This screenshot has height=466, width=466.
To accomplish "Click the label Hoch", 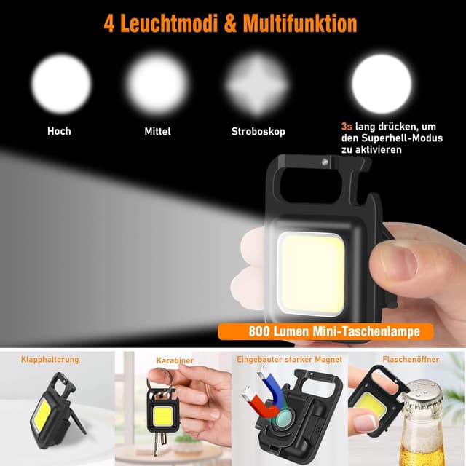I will click(x=59, y=132).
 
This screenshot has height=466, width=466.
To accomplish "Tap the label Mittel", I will click(x=157, y=132).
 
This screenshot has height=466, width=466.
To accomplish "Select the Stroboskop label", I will click(x=258, y=132).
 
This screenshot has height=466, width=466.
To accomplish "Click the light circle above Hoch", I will click(x=61, y=84).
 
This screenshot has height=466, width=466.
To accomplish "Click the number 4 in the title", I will click(x=110, y=23).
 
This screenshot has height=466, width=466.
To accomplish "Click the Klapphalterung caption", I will click(x=50, y=360).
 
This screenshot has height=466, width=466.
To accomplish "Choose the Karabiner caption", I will click(x=175, y=360).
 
